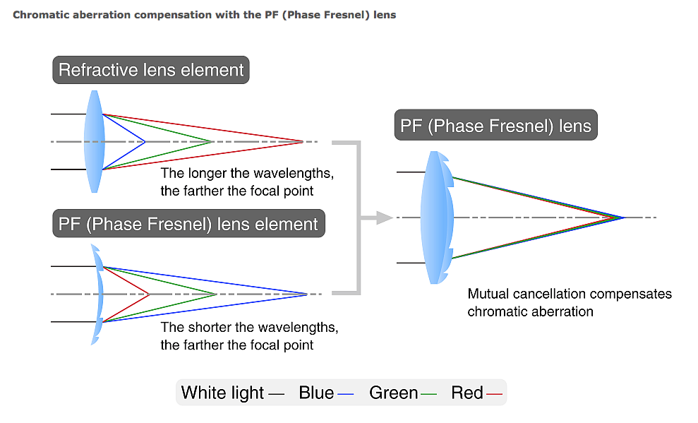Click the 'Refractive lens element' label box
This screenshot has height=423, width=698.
(x=151, y=70)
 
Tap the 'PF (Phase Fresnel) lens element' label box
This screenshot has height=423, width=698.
(x=188, y=224)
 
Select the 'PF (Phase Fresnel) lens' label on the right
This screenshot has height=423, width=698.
(x=495, y=126)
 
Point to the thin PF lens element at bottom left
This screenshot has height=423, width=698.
(x=98, y=294)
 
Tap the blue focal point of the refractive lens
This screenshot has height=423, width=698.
(x=145, y=141)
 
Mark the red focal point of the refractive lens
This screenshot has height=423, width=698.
(x=303, y=141)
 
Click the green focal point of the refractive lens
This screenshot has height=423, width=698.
(x=212, y=141)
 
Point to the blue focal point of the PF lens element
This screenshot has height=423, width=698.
(x=307, y=294)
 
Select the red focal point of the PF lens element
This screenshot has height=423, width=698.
(x=149, y=294)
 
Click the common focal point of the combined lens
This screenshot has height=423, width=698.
(x=625, y=217)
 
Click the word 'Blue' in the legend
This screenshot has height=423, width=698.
(x=316, y=393)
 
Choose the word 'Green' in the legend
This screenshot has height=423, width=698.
(x=393, y=393)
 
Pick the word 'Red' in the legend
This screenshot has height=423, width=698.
(x=467, y=393)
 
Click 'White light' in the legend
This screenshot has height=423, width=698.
(x=222, y=393)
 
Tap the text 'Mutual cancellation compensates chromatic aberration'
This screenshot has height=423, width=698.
(x=569, y=302)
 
